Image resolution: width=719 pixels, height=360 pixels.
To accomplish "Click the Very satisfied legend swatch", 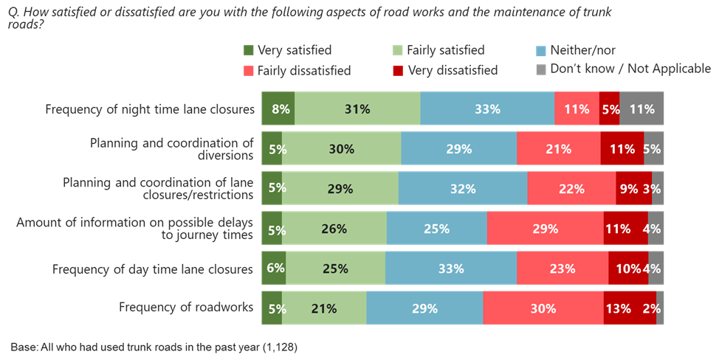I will coord(249,51).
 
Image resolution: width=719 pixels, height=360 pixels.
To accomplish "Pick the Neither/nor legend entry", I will coord(579,50).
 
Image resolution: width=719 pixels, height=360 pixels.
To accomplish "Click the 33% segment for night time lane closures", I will coord(487,109).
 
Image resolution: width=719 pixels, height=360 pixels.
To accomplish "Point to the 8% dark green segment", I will coord(278,109).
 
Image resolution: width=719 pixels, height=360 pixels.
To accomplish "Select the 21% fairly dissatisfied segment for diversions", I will coord(558,148).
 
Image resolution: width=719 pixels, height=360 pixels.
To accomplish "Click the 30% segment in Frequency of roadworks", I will coord(543,308).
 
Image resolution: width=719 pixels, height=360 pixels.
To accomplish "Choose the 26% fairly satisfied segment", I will coord(334,229).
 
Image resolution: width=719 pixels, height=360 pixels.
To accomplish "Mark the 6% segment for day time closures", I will coord(274,269).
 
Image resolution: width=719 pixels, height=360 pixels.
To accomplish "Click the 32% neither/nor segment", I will coord(462,188).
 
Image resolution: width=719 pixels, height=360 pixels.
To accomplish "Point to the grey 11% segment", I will coord(642,109).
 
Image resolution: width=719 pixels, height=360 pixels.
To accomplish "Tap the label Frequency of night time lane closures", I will coord(150,109).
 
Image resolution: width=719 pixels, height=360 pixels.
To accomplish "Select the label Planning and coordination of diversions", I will coord(171,148).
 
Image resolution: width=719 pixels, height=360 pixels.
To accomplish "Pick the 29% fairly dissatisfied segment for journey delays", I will coord(545,229).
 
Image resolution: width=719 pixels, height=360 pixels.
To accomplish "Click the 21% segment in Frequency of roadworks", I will coord(323,308).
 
